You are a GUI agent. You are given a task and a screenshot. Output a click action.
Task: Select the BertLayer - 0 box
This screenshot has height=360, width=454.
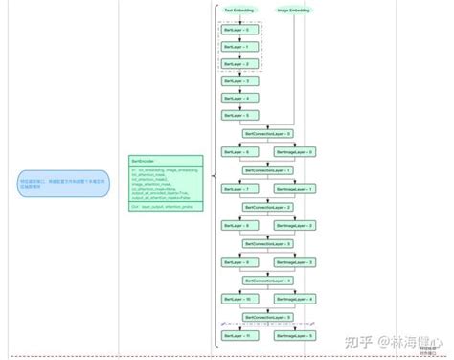pos(236,30)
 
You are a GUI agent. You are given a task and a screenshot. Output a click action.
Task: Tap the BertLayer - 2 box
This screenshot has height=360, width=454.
pos(236,64)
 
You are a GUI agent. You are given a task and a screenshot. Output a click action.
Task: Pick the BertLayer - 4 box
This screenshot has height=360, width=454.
pos(236,98)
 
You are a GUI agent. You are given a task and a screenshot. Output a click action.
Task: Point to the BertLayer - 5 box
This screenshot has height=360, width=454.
pos(236,115)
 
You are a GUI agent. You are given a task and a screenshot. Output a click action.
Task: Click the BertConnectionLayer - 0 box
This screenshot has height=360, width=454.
pos(266,133)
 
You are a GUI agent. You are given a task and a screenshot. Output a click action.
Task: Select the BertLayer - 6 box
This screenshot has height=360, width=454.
pos(236,152)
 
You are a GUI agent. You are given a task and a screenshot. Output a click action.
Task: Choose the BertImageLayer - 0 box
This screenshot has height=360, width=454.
pos(294,152)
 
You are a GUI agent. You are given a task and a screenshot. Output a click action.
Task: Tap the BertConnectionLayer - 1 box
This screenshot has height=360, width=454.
pos(266,170)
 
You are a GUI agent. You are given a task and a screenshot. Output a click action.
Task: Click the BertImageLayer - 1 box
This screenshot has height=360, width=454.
pos(294,189)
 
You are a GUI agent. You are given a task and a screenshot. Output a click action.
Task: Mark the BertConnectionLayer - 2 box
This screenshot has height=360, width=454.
pos(266,207)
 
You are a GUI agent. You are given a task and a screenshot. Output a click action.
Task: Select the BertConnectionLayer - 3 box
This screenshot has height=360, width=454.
pos(266,243)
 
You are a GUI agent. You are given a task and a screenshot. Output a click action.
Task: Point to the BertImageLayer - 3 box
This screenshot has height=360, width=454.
pos(294,261)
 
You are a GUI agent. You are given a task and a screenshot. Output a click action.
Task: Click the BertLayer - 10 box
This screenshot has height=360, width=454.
pos(236,299)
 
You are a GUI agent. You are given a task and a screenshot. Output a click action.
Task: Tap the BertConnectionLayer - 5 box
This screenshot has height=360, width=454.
pos(266,317)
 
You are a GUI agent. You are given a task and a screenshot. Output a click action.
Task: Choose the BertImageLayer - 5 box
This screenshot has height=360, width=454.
pos(294,335)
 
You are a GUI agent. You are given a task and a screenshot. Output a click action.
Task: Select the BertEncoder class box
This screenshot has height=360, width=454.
pos(166,183)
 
